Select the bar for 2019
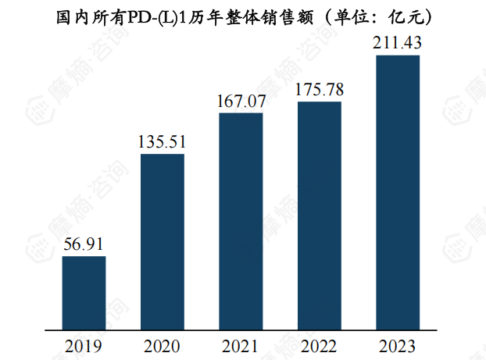(84, 292)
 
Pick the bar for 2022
(319, 215)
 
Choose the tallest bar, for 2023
(398, 191)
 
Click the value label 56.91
(84, 244)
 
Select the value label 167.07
(241, 101)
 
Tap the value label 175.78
(319, 90)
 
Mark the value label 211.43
(398, 42)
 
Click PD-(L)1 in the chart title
(154, 16)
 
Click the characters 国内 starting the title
(70, 16)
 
